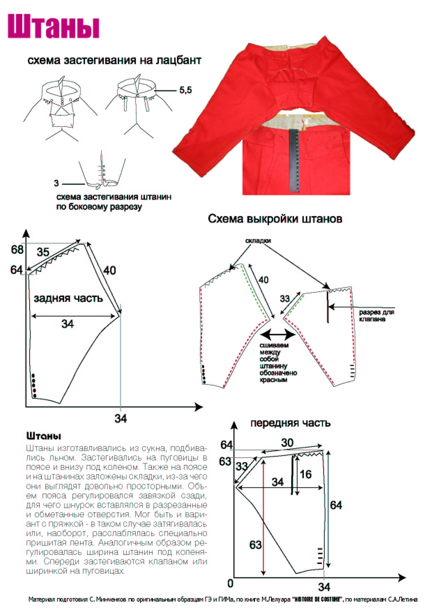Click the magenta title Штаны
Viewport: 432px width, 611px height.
pos(54,26)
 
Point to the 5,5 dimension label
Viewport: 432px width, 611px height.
pos(185,90)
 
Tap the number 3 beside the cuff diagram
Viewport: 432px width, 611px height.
pos(56,183)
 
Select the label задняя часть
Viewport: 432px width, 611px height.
pos(68,298)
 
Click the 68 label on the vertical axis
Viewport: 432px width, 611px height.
pos(17,250)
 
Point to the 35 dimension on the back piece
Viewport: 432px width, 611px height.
pos(43,252)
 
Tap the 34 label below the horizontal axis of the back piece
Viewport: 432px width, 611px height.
pos(121,418)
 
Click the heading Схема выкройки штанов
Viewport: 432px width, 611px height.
pos(275,219)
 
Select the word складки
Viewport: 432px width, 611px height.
pos(258,241)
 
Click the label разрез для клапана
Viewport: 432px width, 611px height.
pos(376,315)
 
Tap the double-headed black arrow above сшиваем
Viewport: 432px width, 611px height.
pos(278,335)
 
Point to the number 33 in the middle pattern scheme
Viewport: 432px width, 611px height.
pos(285,298)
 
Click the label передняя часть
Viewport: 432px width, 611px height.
pos(290,423)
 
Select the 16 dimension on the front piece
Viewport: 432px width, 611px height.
pos(306,474)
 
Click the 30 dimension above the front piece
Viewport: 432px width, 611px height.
pos(287,443)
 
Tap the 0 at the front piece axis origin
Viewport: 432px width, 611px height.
pos(230,583)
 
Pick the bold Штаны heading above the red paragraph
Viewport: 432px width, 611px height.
pos(44,436)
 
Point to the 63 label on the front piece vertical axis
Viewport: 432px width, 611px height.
pos(225,461)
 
